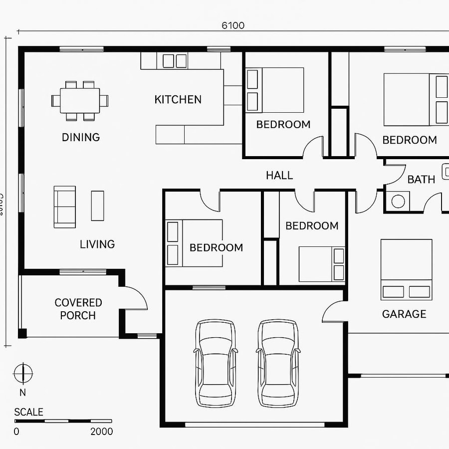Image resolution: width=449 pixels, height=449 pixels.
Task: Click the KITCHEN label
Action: pyautogui.click(x=178, y=99)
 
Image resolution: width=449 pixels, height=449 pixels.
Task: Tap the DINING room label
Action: pyautogui.click(x=81, y=137)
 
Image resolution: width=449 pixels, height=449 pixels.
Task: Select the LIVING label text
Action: pyautogui.click(x=97, y=244)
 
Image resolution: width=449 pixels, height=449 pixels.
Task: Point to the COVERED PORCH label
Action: pyautogui.click(x=78, y=309)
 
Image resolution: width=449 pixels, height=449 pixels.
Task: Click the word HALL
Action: pyautogui.click(x=279, y=175)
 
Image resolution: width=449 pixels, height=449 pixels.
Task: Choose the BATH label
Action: pyautogui.click(x=421, y=180)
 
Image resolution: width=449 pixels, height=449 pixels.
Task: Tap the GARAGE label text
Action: pyautogui.click(x=404, y=314)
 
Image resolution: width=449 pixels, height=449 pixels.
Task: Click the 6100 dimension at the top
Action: pyautogui.click(x=233, y=25)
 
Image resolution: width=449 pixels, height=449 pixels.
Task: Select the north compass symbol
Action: pyautogui.click(x=23, y=373)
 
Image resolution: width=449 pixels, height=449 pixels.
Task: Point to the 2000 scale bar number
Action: pyautogui.click(x=102, y=432)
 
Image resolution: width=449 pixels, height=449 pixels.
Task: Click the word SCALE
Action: pyautogui.click(x=28, y=412)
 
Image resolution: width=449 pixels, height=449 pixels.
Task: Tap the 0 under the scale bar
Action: pyautogui.click(x=16, y=432)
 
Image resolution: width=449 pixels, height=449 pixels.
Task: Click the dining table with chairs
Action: pyautogui.click(x=80, y=100)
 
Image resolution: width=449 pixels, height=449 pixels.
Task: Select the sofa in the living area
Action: pyautogui.click(x=64, y=207)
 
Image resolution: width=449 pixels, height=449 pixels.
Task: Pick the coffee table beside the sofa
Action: pyautogui.click(x=97, y=206)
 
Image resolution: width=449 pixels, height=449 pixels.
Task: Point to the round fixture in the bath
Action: pyautogui.click(x=398, y=201)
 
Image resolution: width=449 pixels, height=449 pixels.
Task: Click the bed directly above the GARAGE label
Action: pyautogui.click(x=406, y=269)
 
